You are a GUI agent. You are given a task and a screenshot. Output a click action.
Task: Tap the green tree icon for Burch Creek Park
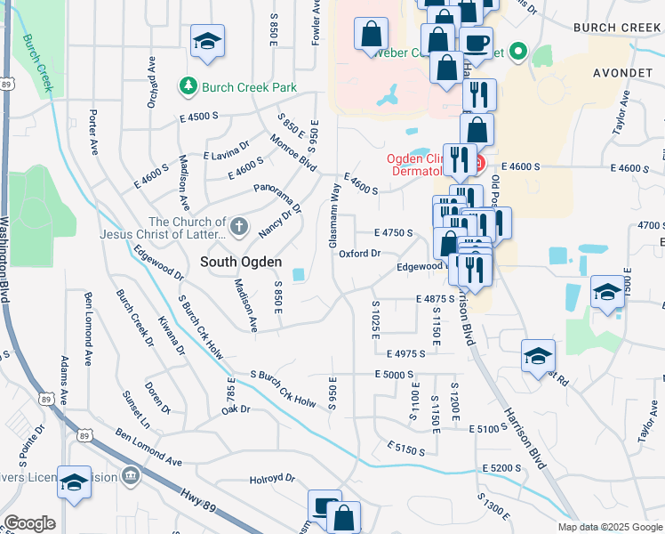click(x=188, y=86)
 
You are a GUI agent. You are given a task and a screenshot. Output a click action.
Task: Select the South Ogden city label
click(x=240, y=262)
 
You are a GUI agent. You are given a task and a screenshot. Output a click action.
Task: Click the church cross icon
click(x=238, y=228)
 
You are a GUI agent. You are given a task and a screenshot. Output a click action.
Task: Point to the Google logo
click(x=29, y=523)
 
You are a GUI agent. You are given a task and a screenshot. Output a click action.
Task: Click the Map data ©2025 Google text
click(x=610, y=527)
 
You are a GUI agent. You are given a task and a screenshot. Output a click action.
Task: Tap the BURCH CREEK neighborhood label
click(x=617, y=28)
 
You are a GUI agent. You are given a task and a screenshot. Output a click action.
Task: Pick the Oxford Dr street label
click(x=359, y=254)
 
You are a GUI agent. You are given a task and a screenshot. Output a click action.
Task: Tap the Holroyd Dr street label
click(x=271, y=478)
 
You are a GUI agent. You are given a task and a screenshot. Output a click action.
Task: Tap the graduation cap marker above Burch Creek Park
click(x=207, y=42)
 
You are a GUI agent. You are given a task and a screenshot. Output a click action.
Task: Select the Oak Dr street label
click(x=237, y=410)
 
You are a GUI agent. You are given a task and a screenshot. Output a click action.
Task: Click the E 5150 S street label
click(x=405, y=450)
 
